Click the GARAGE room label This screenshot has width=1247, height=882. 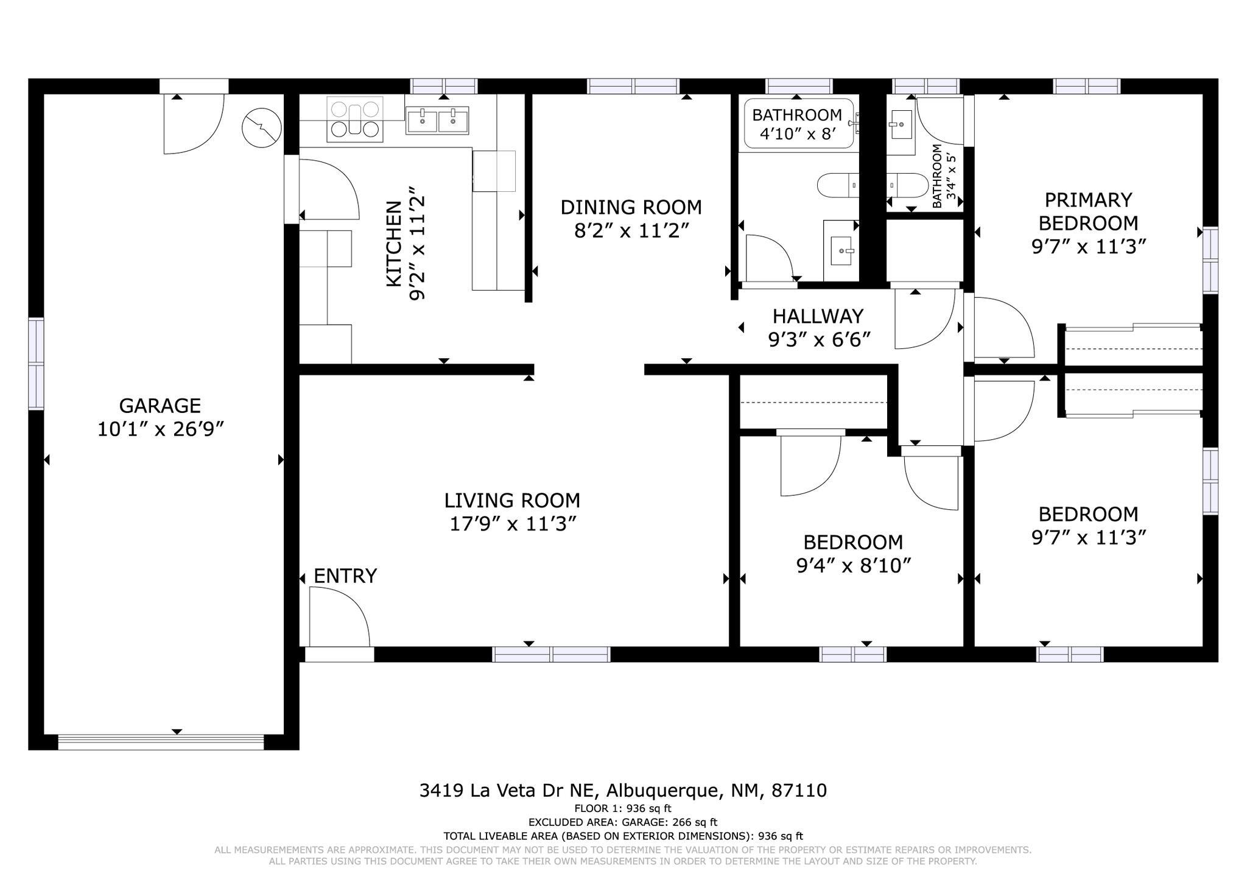coord(160,406)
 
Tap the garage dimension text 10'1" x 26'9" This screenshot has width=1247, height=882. coord(161,429)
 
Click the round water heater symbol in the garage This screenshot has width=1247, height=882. coord(262,129)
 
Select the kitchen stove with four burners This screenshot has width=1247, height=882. coord(355,119)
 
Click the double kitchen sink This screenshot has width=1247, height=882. coord(437,120)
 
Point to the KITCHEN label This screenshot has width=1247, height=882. coord(394,244)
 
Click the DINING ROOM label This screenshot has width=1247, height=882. coord(631,208)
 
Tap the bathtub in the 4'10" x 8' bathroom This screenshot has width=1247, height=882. coord(798,124)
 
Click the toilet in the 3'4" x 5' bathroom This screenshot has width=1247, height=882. coord(907,185)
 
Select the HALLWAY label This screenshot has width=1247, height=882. coord(818,316)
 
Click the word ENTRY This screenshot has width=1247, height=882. coord(345,576)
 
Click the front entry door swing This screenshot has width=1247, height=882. coord(339,616)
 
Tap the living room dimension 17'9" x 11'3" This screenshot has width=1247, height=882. coord(513,524)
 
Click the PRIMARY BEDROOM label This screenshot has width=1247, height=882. coord(1088,211)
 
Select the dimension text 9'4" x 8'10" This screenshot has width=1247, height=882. coord(853,566)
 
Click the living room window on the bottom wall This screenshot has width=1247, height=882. coord(551,654)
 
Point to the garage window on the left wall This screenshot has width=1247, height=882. coord(37,364)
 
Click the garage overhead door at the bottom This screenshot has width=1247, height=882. coord(161,742)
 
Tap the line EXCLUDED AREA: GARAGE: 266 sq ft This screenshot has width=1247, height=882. coord(622,822)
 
